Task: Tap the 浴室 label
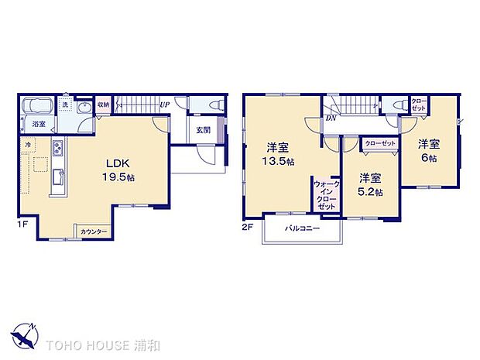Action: click(38, 123)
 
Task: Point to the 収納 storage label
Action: click(104, 104)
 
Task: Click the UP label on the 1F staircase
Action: click(164, 104)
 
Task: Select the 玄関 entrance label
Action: click(202, 130)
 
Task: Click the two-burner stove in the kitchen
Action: click(57, 148)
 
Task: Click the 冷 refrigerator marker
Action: click(28, 144)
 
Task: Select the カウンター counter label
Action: click(94, 231)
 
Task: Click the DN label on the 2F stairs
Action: click(331, 118)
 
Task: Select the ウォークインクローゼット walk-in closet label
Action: click(326, 195)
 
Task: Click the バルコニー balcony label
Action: click(300, 229)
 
